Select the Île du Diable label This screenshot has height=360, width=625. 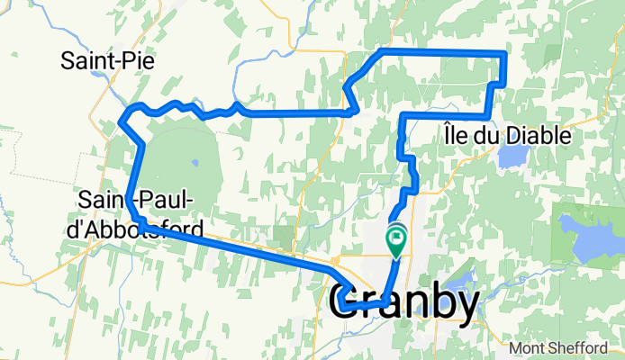click(x=507, y=135)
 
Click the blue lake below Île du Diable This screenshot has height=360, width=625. click(x=511, y=159)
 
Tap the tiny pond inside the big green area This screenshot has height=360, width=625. click(x=195, y=164)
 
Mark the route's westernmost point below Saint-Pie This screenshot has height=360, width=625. click(x=122, y=116)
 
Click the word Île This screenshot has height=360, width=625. click(x=456, y=135)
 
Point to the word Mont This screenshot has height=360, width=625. click(x=527, y=348)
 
